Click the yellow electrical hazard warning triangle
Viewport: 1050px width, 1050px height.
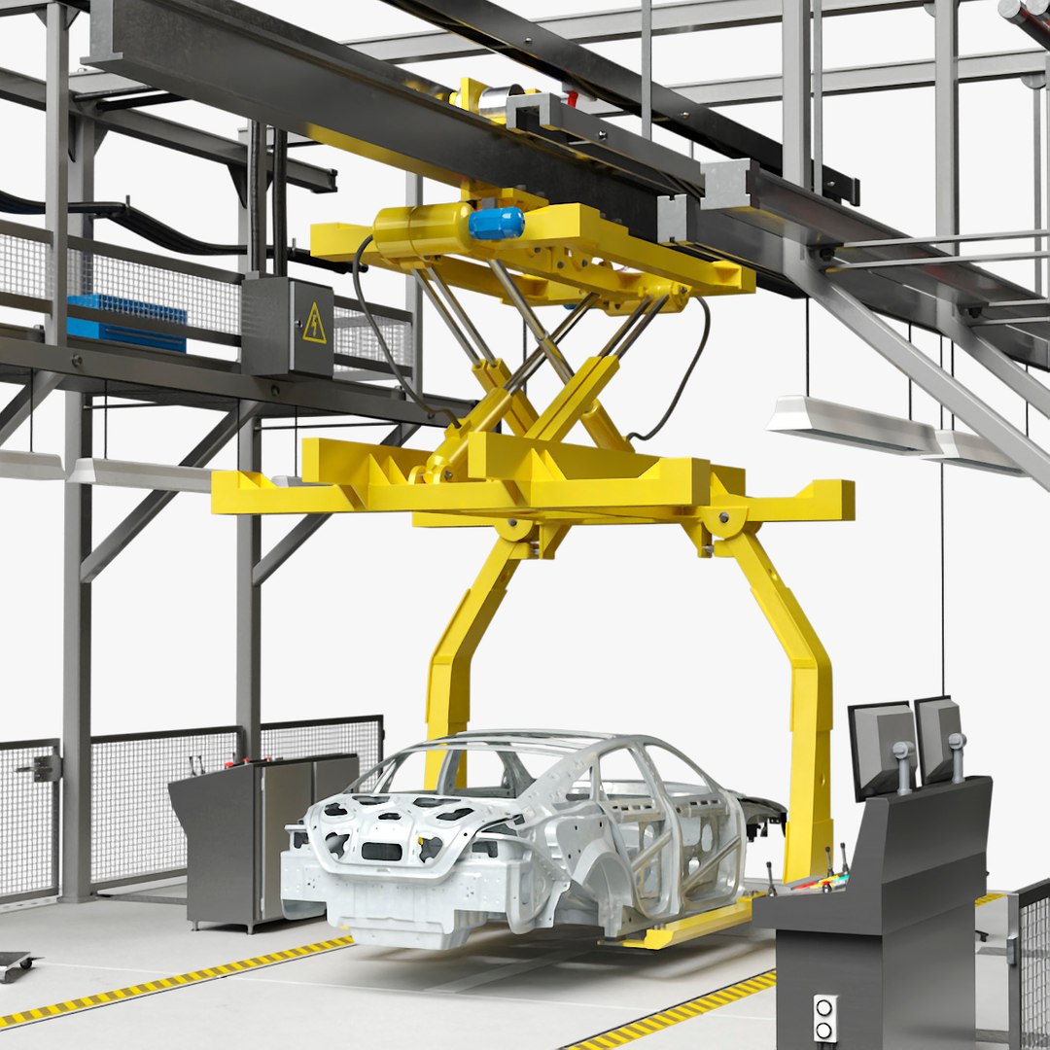click(x=314, y=324)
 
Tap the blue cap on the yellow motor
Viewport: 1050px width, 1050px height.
click(x=496, y=223)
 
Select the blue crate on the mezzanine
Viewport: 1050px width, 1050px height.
click(x=125, y=320)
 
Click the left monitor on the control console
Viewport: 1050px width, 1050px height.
click(x=881, y=748)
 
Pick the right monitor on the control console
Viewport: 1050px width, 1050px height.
click(x=938, y=738)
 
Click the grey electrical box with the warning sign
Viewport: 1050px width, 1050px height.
click(x=288, y=327)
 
